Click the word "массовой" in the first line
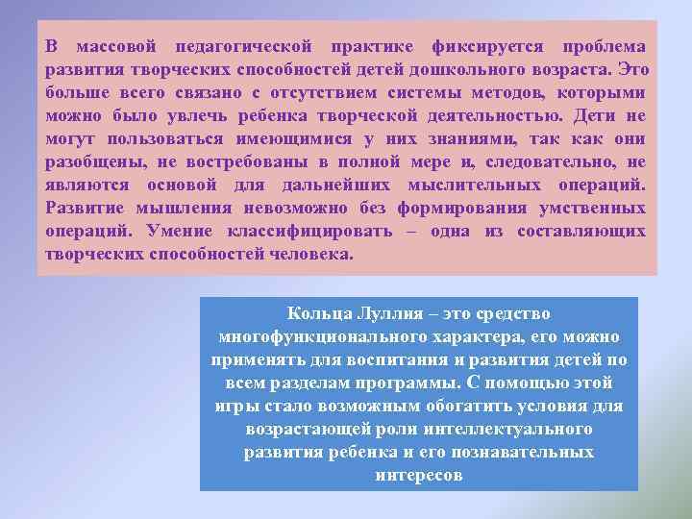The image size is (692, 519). coord(115,47)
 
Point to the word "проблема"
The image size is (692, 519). coord(603,47)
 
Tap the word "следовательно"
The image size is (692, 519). coord(549,162)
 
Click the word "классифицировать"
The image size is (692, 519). coord(314,233)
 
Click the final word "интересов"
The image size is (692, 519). coord(419,476)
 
